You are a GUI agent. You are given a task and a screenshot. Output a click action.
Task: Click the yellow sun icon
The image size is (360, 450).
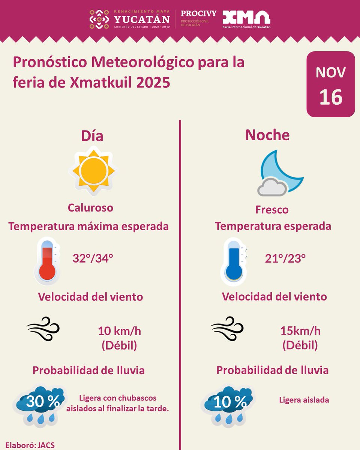pyautogui.click(x=93, y=171)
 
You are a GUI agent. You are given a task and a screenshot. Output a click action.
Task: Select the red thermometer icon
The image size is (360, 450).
pyautogui.click(x=47, y=261)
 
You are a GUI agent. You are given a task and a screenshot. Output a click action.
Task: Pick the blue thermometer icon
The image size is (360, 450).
pyautogui.click(x=234, y=262)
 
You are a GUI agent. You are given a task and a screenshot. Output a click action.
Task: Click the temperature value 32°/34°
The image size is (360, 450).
pyautogui.click(x=93, y=258)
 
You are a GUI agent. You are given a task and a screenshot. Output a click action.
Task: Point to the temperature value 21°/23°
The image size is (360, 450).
pyautogui.click(x=285, y=259)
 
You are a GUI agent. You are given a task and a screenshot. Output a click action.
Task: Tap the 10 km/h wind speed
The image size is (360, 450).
pyautogui.click(x=120, y=331)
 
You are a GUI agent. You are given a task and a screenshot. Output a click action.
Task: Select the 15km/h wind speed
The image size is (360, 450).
pyautogui.click(x=300, y=331)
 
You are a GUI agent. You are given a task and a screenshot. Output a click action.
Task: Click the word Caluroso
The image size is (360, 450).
pyautogui.click(x=90, y=208)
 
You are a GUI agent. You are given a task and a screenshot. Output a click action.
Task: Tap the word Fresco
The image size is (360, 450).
pyautogui.click(x=272, y=210)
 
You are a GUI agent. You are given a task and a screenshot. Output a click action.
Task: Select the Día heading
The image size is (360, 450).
pyautogui.click(x=92, y=136)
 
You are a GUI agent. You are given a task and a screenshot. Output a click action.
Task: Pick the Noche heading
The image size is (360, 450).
pyautogui.click(x=267, y=135)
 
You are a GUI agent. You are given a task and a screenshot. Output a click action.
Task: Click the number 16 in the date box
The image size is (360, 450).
pyautogui.click(x=331, y=97)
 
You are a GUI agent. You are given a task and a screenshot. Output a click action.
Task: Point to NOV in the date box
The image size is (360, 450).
pyautogui.click(x=330, y=72)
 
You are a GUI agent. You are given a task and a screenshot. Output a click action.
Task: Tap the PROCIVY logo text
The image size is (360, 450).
pyautogui.click(x=198, y=13)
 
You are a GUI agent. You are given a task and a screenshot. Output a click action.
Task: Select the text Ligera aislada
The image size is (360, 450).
pyautogui.click(x=304, y=400)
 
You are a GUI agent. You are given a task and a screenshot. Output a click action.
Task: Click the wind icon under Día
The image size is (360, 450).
pyautogui.click(x=43, y=329)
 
